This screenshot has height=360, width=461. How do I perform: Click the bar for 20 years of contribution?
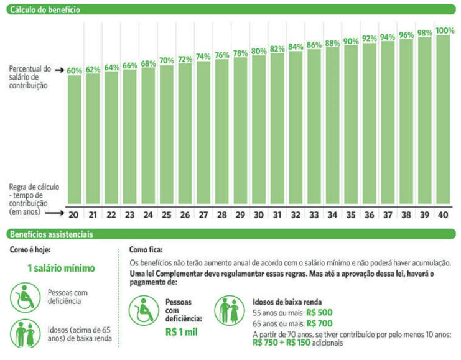click(x=75, y=140)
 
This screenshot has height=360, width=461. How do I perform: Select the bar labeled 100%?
click(x=443, y=119)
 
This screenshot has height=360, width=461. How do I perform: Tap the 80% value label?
click(x=259, y=51)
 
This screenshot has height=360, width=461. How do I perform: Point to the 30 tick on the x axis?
click(x=259, y=215)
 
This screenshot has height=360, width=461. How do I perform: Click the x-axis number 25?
click(x=166, y=215)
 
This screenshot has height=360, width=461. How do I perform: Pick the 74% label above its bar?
click(x=203, y=57)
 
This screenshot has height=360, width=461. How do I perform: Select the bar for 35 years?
click(x=351, y=124)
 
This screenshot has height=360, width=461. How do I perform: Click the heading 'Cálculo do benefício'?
click(x=45, y=10)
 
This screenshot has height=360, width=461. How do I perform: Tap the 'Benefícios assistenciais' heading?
click(x=52, y=234)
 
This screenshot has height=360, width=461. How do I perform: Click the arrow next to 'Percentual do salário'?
click(x=59, y=70)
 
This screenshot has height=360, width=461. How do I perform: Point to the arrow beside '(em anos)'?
click(x=55, y=213)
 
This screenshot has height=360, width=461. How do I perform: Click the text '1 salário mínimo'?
click(x=61, y=268)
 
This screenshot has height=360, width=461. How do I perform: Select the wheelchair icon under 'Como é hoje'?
click(x=26, y=297)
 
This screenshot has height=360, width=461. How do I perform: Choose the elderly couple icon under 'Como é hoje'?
click(x=26, y=333)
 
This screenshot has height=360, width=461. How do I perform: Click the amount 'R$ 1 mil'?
click(x=182, y=332)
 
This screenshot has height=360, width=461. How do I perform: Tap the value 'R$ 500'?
click(x=319, y=312)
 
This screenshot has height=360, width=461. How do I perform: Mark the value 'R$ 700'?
click(x=319, y=323)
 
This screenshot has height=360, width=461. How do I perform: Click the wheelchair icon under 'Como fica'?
click(x=144, y=311)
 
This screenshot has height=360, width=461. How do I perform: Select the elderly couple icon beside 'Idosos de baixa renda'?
click(x=230, y=311)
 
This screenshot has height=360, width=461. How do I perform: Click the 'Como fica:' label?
click(x=146, y=250)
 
